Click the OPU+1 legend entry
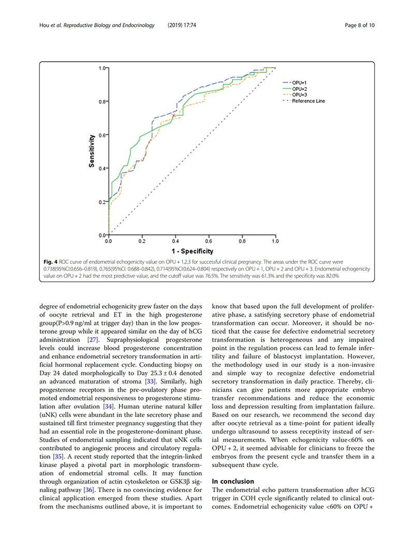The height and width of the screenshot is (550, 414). tap(301, 82)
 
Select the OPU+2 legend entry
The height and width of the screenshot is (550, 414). tap(301, 89)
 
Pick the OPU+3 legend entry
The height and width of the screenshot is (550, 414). tap(301, 95)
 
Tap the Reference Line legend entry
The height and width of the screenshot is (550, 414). tap(308, 101)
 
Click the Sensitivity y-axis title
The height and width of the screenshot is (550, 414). tap(92, 151)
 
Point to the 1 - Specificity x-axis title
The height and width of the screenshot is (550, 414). tap(191, 251)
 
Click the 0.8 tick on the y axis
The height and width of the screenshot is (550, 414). tap(102, 101)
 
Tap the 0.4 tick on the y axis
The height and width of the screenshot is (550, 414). tap(102, 168)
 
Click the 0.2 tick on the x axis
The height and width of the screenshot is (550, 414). tap(141, 241)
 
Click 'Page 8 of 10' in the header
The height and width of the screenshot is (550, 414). tap(359, 26)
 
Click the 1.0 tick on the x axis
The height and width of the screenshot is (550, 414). tap(275, 241)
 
